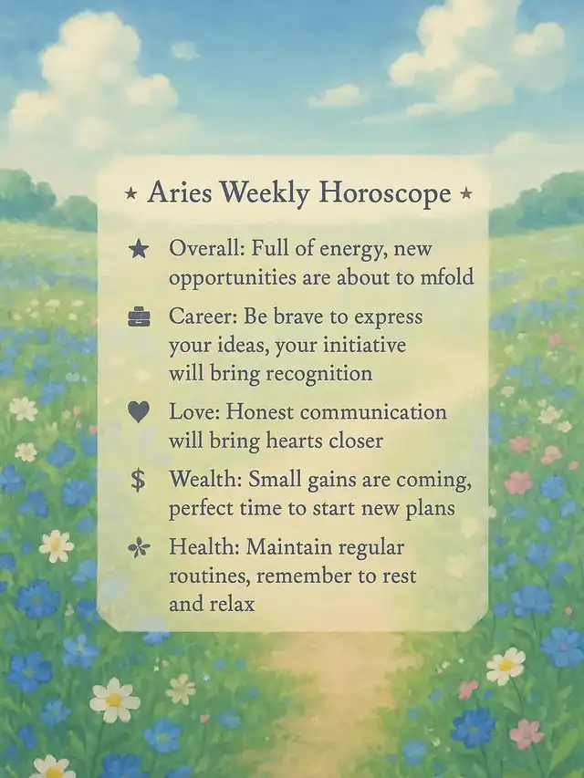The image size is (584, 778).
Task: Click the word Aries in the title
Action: pyautogui.click(x=180, y=192)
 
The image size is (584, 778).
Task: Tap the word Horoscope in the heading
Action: pyautogui.click(x=385, y=193)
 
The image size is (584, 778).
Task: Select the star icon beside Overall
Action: pyautogui.click(x=139, y=249)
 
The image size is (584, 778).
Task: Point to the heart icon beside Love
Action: pyautogui.click(x=139, y=412)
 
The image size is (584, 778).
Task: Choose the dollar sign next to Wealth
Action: pyautogui.click(x=138, y=480)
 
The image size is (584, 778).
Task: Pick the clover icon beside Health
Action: pyautogui.click(x=139, y=548)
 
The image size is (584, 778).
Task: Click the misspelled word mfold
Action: pyautogui.click(x=447, y=276)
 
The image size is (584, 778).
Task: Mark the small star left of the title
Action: pyautogui.click(x=130, y=192)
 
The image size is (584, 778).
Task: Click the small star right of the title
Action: pyautogui.click(x=465, y=192)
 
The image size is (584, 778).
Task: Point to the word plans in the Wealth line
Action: pyautogui.click(x=430, y=509)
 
